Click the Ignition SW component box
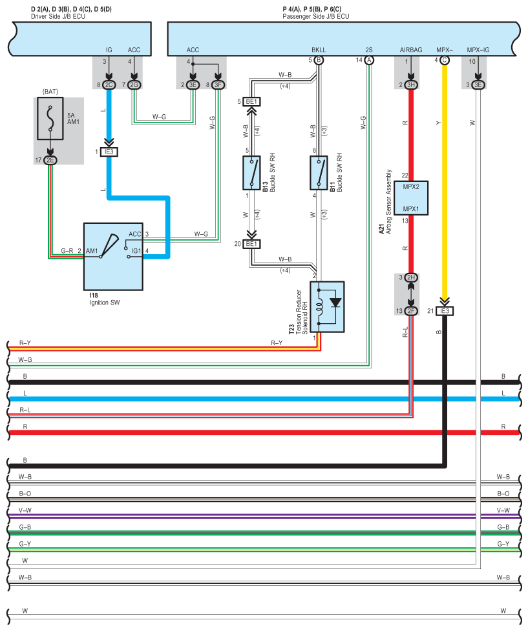(x=113, y=257)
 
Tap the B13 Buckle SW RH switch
(x=252, y=172)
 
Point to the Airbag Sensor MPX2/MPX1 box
(x=411, y=197)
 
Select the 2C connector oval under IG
(x=109, y=85)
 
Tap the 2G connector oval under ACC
(x=134, y=85)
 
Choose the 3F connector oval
(x=218, y=85)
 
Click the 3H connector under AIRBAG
(x=410, y=85)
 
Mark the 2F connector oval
(x=410, y=311)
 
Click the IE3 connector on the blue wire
(x=109, y=152)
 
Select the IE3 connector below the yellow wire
(x=444, y=311)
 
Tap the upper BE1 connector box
(x=251, y=102)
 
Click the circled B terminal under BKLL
(x=319, y=60)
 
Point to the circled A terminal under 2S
(x=369, y=60)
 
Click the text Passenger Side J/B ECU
(x=315, y=16)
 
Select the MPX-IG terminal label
(x=478, y=49)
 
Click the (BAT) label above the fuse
(x=50, y=92)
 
